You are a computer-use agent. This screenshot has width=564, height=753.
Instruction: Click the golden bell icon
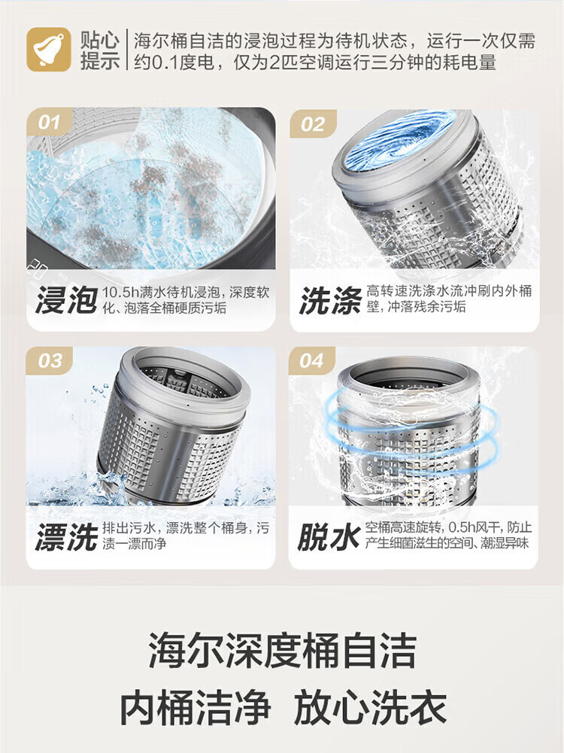(48, 50)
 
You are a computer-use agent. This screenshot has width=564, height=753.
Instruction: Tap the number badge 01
(49, 122)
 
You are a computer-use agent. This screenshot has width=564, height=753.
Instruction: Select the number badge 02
(313, 124)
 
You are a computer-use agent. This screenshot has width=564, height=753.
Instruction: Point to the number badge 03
(50, 360)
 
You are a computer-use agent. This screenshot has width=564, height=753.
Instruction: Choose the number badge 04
(312, 360)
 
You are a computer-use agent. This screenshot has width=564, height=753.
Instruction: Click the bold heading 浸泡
(66, 300)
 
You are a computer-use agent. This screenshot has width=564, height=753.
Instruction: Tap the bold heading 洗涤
(330, 300)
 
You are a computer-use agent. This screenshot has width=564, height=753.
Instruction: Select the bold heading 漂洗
(66, 536)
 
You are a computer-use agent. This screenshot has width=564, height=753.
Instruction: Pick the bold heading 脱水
(329, 536)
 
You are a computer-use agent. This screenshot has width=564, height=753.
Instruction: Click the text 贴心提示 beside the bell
(100, 50)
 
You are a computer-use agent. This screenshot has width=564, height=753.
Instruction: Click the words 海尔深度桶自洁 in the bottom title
(282, 650)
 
